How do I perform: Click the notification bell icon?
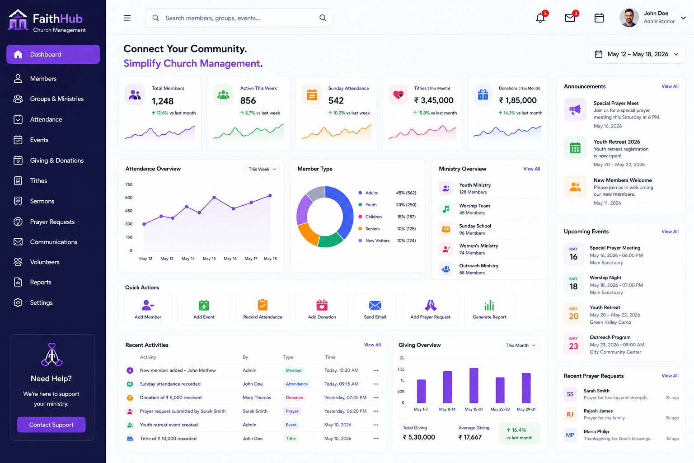540,18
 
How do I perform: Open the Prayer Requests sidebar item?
44,222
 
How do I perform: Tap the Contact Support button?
51,425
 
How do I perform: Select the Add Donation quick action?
322,309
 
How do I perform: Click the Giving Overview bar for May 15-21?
474,385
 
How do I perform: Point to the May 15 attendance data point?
214,197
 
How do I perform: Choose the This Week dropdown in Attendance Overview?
262,169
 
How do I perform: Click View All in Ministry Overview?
532,169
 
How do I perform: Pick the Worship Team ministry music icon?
446,209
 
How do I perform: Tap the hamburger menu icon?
127,18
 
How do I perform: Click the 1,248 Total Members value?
163,101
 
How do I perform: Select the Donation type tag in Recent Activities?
294,397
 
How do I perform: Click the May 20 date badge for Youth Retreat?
573,313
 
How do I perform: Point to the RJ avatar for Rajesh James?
570,414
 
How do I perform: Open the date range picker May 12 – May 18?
637,54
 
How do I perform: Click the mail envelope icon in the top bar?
570,18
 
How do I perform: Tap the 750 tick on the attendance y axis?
129,184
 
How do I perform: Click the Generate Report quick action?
489,309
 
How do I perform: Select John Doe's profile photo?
629,18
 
